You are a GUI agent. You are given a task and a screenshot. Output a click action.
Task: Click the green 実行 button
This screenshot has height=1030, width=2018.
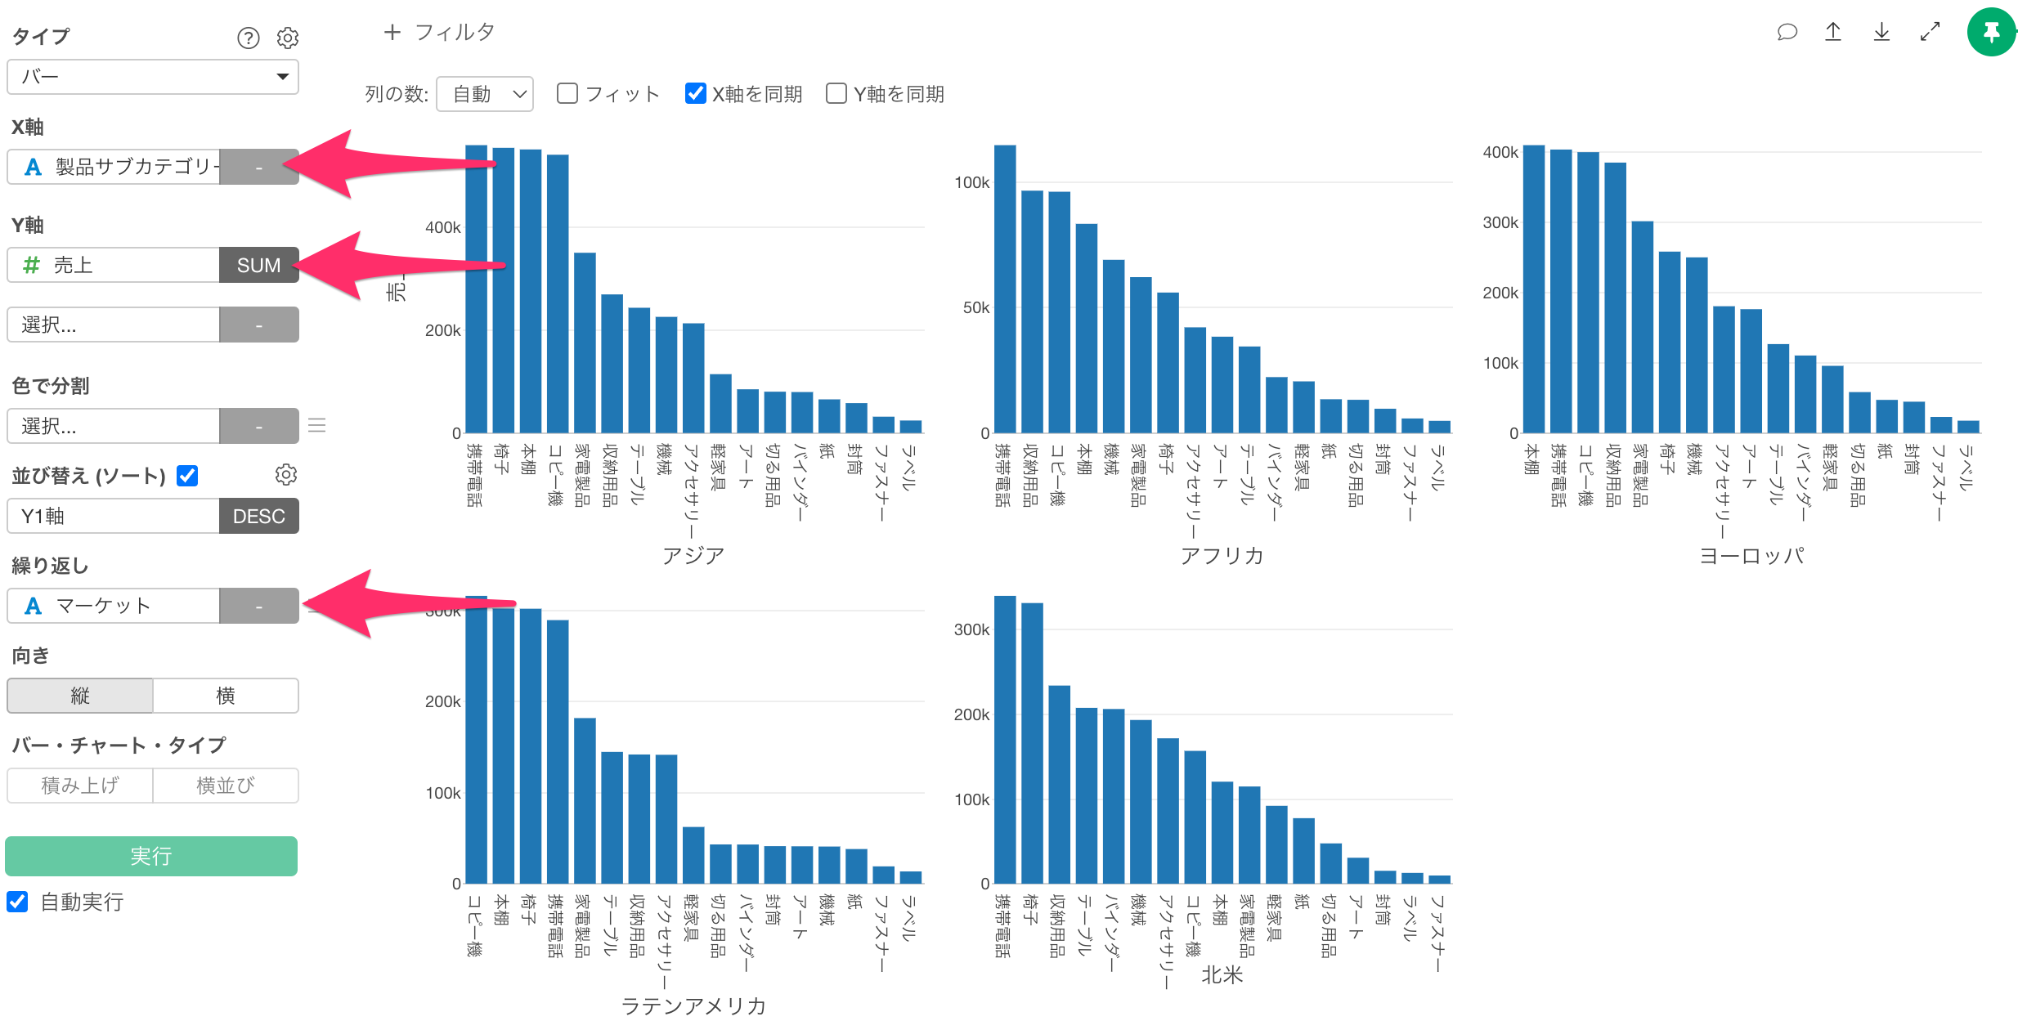(x=151, y=856)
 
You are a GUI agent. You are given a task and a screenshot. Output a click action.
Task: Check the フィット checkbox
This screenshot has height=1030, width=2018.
(x=567, y=94)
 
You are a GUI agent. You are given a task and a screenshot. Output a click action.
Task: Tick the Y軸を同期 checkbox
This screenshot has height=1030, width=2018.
(x=836, y=94)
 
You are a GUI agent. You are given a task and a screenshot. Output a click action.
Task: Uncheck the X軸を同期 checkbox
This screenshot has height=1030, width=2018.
(x=695, y=94)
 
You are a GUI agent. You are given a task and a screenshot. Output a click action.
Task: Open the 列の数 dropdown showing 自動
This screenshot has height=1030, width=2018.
(x=485, y=94)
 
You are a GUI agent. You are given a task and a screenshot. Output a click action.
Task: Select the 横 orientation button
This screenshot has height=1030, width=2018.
(x=226, y=696)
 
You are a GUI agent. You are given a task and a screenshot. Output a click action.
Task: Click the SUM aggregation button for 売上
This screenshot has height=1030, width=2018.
(x=258, y=266)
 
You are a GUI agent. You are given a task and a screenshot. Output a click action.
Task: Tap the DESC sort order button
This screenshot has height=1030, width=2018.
(x=258, y=517)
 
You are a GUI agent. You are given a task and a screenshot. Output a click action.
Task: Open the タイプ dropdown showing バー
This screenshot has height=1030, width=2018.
(x=153, y=77)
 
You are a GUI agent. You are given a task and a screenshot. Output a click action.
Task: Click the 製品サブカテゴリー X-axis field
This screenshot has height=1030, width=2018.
(x=114, y=167)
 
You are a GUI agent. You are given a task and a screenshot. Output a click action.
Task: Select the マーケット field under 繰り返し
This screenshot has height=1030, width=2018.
(x=114, y=606)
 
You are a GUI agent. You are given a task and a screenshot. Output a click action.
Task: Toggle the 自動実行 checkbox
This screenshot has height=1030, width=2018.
(x=17, y=902)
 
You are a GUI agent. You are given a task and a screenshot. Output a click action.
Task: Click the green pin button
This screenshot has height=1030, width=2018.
(x=1991, y=33)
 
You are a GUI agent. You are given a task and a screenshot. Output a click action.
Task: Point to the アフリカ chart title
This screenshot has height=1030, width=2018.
(x=1222, y=556)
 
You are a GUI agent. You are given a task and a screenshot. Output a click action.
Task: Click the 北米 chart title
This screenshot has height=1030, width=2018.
(x=1222, y=974)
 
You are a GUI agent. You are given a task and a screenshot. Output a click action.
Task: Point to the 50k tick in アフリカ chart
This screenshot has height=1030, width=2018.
(x=975, y=308)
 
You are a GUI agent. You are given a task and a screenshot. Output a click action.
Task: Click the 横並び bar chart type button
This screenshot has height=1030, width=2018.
(x=226, y=786)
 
